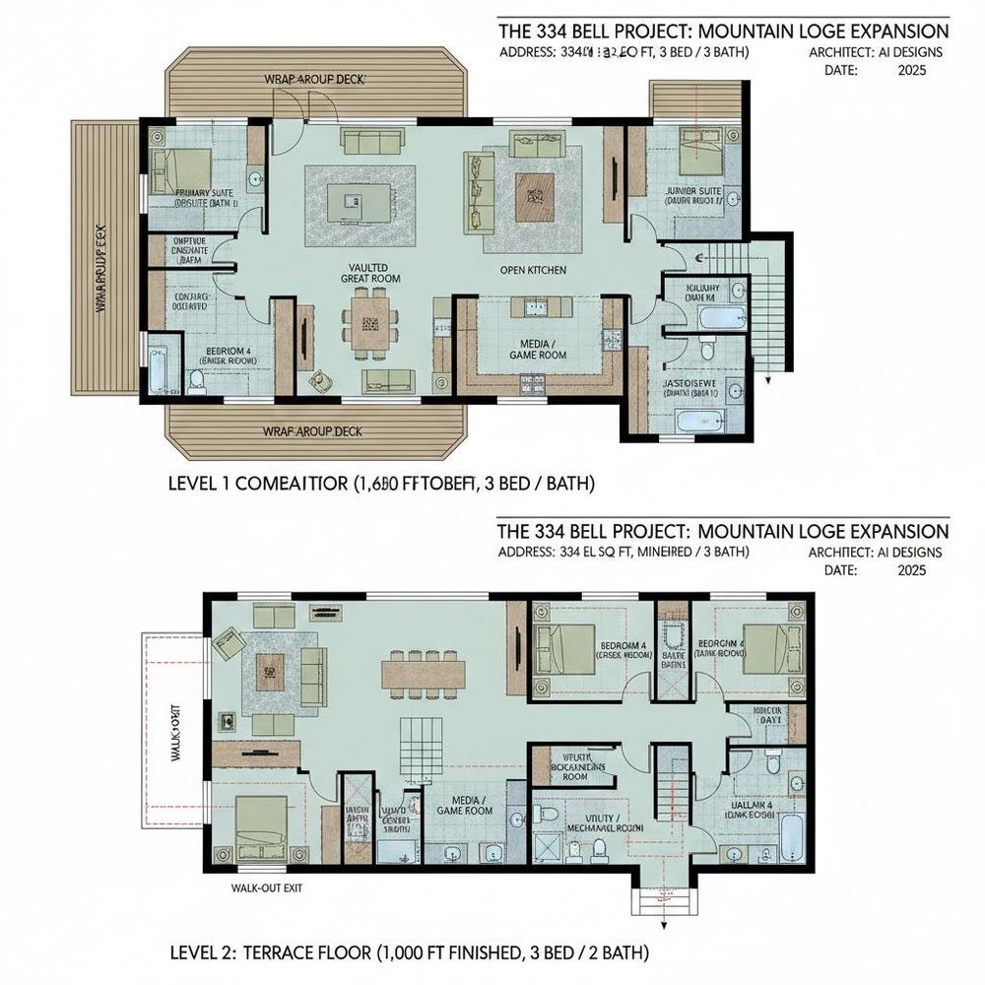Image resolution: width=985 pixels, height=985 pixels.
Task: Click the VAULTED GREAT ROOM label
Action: point(368,274)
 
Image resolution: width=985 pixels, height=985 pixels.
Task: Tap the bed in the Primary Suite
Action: point(182,163)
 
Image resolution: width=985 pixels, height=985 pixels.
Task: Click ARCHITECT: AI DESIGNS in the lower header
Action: point(875,554)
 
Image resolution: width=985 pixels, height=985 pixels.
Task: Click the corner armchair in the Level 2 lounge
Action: point(230,644)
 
